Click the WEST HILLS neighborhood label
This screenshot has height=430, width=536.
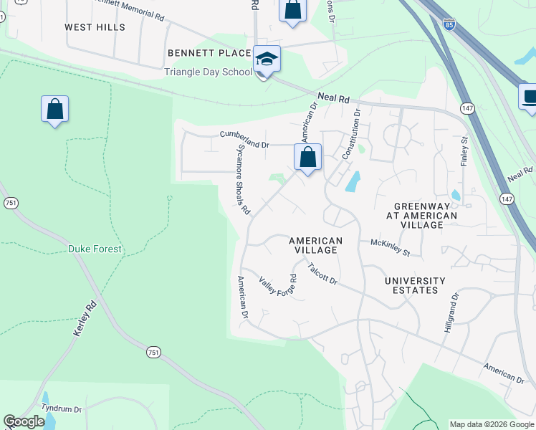click(x=95, y=27)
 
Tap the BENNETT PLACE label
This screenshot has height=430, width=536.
click(x=209, y=53)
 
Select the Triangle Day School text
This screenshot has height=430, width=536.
click(x=208, y=72)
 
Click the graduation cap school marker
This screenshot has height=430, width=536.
click(x=267, y=59)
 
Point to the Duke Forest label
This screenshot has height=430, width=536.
click(x=95, y=249)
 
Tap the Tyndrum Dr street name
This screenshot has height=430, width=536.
click(x=62, y=408)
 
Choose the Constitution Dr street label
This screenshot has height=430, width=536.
click(x=349, y=133)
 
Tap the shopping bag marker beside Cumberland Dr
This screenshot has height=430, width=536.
click(x=307, y=158)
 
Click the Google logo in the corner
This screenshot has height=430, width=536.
click(x=24, y=421)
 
